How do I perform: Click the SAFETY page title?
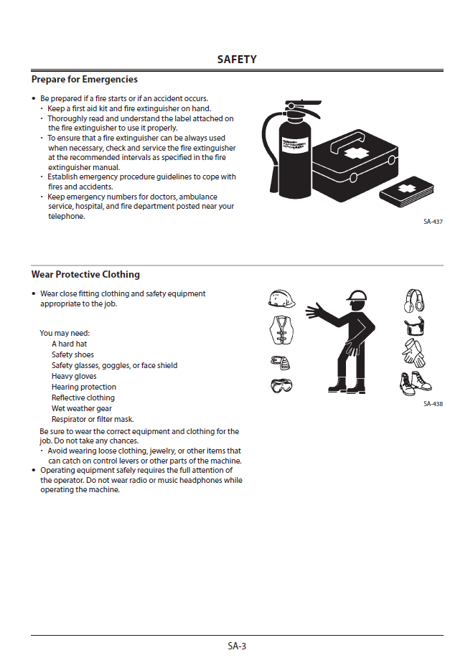tap(237, 60)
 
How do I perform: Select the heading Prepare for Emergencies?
tap(85, 80)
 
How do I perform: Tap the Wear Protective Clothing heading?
tap(85, 275)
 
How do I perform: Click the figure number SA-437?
tap(433, 222)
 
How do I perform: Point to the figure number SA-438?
tap(433, 404)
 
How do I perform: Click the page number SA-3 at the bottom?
tap(237, 646)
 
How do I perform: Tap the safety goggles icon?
tap(281, 387)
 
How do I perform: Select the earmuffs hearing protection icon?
tap(415, 300)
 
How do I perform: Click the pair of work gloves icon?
tap(414, 354)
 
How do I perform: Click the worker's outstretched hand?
tap(314, 311)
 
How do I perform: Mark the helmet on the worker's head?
tap(356, 296)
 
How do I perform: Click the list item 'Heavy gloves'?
tap(74, 376)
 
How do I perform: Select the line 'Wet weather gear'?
tap(82, 408)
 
